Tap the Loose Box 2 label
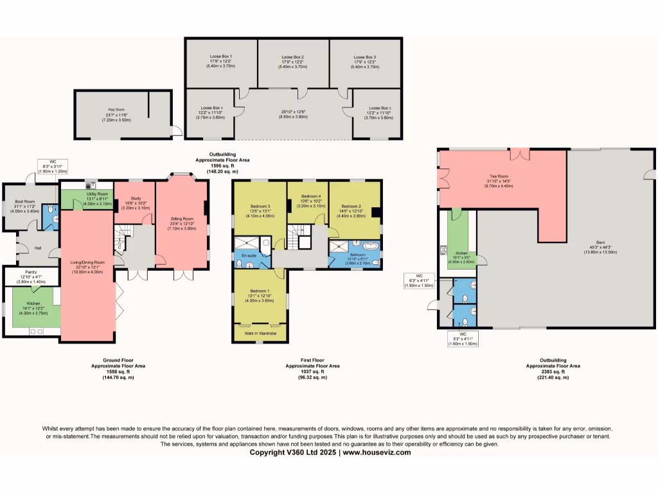292,57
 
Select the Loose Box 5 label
380,108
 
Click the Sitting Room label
181,219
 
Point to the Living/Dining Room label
87,262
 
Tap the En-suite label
249,255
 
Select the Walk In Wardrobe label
260,334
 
